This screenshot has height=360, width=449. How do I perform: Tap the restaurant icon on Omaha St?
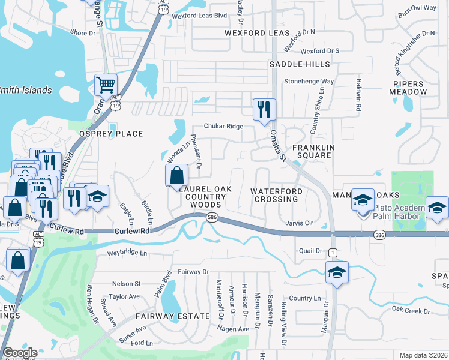point(264,110)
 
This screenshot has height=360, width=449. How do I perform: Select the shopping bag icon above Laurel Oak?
point(177,175)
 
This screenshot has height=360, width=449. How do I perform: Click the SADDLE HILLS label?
point(300,64)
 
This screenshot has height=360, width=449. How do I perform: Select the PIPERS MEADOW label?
point(411,88)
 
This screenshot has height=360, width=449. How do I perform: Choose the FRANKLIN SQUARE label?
point(312,151)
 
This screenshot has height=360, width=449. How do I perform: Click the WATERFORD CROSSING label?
point(276,195)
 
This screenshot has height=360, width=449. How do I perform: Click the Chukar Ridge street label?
point(223,126)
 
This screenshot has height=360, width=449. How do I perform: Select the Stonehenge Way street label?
point(309,81)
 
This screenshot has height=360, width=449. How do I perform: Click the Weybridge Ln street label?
point(127,253)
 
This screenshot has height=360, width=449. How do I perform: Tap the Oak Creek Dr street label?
point(411,310)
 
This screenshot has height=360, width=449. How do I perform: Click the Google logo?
point(20,353)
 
